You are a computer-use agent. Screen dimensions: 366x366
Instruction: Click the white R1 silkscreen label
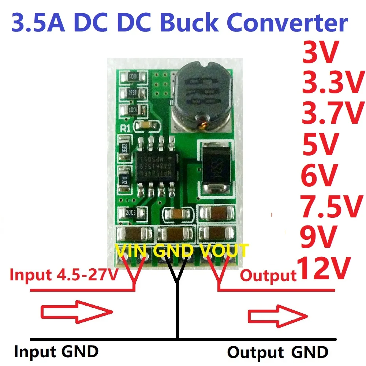[x=125, y=128]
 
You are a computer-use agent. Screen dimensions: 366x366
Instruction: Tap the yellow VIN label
[x=132, y=251]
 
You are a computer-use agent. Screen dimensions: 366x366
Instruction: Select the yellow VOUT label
[x=224, y=251]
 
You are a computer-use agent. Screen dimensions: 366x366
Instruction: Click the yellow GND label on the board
[x=173, y=251]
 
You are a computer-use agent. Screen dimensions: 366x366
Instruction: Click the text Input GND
[x=56, y=352]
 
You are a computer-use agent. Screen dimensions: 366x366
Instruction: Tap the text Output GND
[x=277, y=353]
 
